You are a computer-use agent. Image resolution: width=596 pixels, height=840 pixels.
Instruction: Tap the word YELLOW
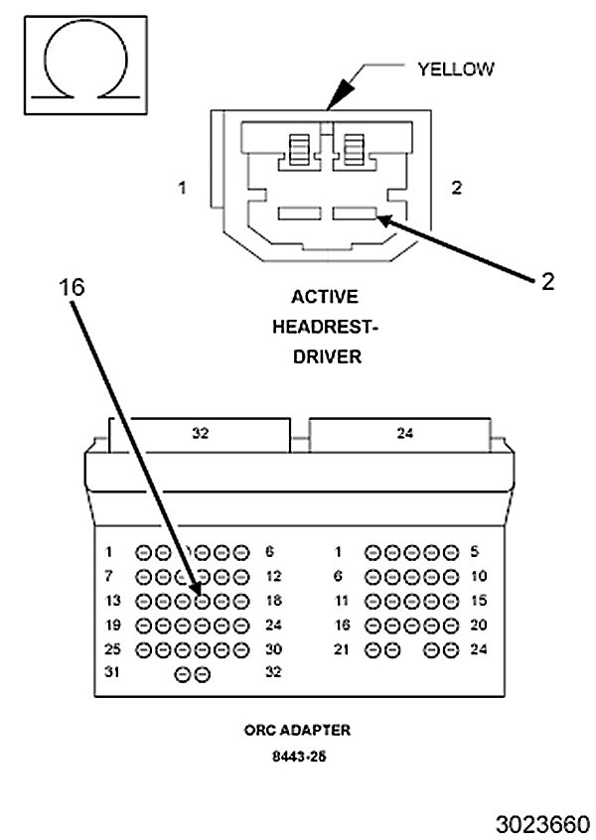click(x=456, y=70)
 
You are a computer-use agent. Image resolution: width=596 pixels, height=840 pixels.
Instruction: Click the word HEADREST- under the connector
click(x=326, y=327)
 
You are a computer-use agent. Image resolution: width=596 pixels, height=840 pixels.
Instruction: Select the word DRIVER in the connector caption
click(x=327, y=356)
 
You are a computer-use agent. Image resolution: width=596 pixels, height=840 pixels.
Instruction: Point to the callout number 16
click(x=72, y=288)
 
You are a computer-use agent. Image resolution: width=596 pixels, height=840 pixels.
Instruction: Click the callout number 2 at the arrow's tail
click(x=547, y=282)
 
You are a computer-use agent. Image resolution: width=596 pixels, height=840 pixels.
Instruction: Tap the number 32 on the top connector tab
click(x=200, y=433)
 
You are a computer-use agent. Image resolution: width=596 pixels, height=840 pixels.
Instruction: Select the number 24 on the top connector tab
click(x=404, y=433)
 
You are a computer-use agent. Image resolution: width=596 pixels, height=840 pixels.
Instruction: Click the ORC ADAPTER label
click(x=297, y=730)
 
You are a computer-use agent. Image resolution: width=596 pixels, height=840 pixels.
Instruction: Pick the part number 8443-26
click(x=299, y=757)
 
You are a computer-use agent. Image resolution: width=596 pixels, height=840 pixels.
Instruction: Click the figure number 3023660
click(x=542, y=825)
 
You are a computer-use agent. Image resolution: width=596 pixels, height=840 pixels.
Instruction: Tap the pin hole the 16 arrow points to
click(x=202, y=602)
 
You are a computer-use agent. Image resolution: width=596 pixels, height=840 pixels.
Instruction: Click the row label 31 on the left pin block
click(x=111, y=672)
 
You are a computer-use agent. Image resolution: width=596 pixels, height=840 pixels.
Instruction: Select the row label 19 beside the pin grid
click(x=112, y=626)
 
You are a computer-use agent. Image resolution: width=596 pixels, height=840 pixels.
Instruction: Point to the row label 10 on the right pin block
click(x=479, y=577)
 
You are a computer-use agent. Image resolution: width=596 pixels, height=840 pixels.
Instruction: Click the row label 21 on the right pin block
click(x=342, y=649)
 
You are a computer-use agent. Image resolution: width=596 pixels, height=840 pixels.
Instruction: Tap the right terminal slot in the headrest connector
click(x=355, y=213)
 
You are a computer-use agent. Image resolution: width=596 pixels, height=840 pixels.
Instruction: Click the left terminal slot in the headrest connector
click(x=300, y=213)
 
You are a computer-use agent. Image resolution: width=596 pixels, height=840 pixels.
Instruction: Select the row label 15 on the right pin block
click(x=479, y=601)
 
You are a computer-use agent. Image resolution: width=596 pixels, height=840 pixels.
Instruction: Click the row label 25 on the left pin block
click(x=112, y=649)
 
